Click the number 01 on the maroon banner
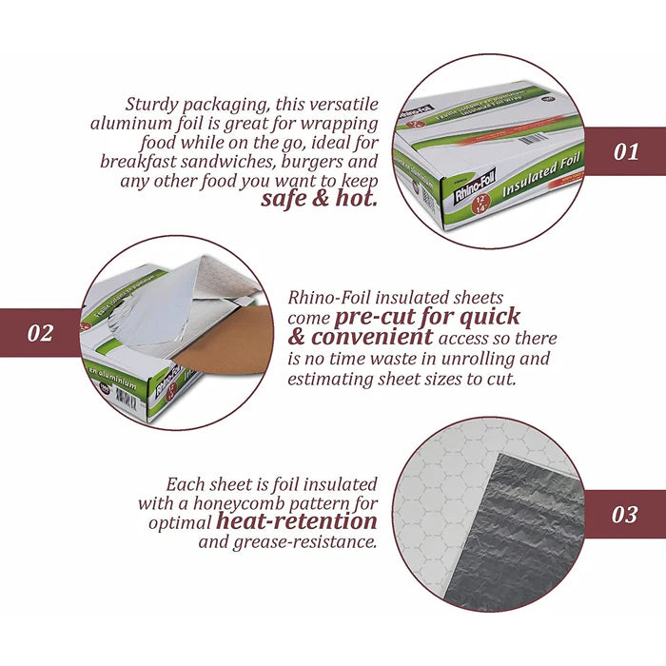tap(625, 151)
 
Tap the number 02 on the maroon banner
tap(40, 333)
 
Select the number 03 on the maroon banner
tap(624, 515)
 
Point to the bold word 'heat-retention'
tap(296, 520)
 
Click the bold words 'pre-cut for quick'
tap(426, 317)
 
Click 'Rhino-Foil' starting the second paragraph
tap(326, 298)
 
